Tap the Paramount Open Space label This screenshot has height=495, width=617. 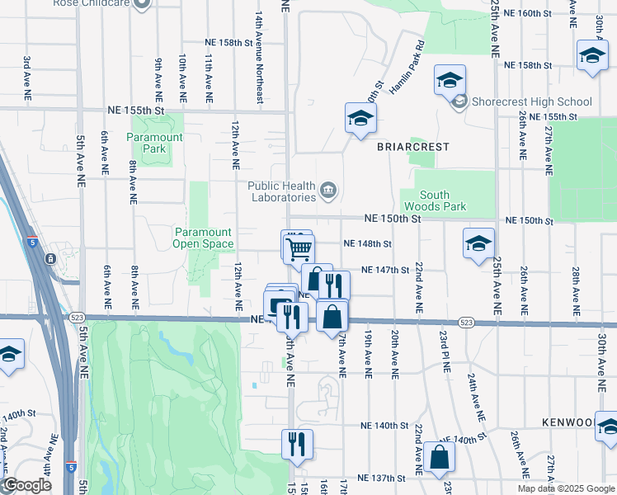pyautogui.click(x=202, y=238)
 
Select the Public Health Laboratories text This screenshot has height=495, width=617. pyautogui.click(x=282, y=191)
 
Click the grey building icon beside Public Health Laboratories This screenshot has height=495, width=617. pyautogui.click(x=328, y=192)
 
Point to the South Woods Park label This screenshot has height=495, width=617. pyautogui.click(x=434, y=200)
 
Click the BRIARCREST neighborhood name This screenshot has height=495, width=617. pyautogui.click(x=413, y=147)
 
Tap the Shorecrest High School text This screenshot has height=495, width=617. pyautogui.click(x=532, y=102)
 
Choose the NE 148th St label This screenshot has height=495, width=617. pyautogui.click(x=366, y=243)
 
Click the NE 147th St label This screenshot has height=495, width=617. pyautogui.click(x=386, y=270)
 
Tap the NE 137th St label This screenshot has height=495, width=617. pyautogui.click(x=381, y=478)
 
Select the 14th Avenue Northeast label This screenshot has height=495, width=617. pyautogui.click(x=259, y=56)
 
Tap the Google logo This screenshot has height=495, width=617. pyautogui.click(x=27, y=485)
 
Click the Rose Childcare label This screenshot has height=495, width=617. pyautogui.click(x=100, y=3)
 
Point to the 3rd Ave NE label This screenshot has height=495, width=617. pyautogui.click(x=26, y=79)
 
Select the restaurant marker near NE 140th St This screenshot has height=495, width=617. pyautogui.click(x=297, y=443)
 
